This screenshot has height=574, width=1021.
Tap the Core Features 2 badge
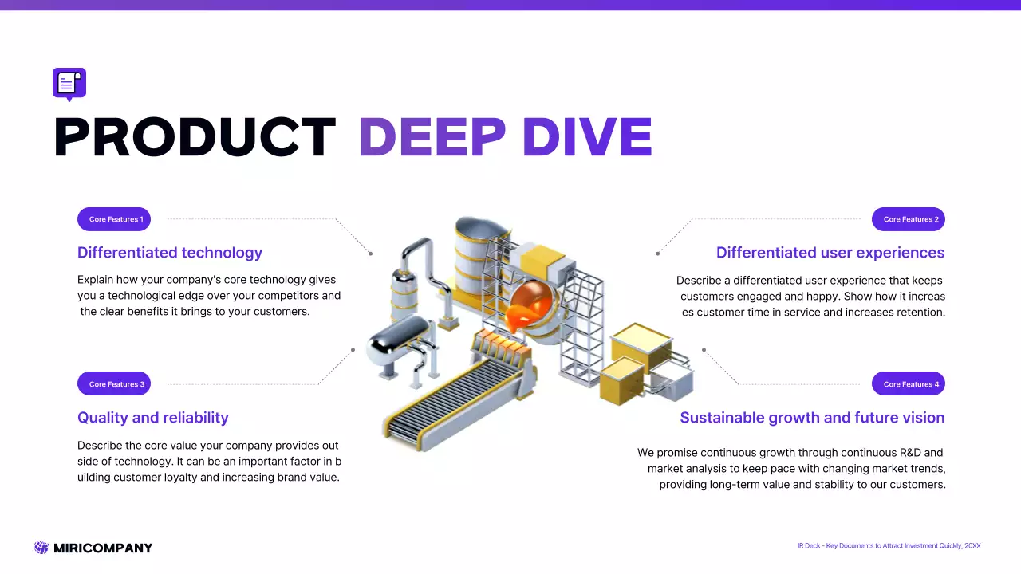point(909,219)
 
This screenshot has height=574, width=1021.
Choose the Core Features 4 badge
point(909,383)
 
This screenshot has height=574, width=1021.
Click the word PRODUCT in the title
point(195,137)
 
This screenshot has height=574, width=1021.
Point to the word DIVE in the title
point(587,137)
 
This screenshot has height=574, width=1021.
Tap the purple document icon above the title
point(69,84)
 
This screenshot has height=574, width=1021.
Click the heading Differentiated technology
point(170,253)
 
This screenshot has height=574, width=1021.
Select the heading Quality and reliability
point(153,418)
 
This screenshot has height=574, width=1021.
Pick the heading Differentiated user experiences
point(830,253)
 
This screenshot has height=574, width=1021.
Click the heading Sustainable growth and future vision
point(812,418)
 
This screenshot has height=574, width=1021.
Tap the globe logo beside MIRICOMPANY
point(41,548)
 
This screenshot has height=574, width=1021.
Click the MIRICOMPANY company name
point(103,548)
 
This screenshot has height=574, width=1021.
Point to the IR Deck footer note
point(889,546)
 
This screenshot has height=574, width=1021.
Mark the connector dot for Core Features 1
point(370,254)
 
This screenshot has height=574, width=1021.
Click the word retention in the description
point(918,312)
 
